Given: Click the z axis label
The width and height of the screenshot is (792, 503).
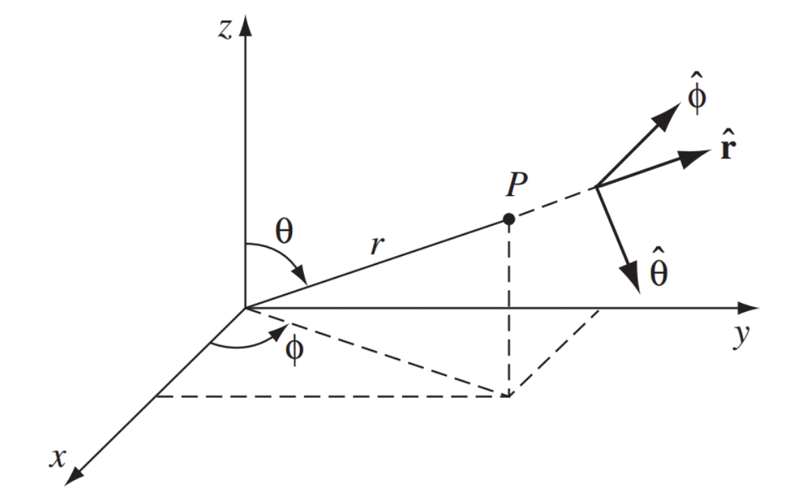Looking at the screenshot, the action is point(225,29).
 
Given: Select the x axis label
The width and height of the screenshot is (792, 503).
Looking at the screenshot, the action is point(58,458).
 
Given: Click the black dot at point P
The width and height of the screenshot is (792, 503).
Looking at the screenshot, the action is point(509,219).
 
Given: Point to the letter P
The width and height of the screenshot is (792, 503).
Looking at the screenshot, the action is point(516,184).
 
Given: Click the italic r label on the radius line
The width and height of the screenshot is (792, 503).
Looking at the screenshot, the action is point(376,246).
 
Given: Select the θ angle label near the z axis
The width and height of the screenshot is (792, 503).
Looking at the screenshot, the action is point(284,232).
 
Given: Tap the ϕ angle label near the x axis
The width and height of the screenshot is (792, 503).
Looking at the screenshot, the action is point(294,350).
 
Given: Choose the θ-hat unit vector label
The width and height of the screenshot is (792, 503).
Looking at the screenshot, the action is point(659,268).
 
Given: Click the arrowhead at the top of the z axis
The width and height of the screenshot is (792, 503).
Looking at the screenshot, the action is point(245,25).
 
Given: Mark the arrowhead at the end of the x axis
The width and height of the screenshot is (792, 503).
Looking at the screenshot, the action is point(75,476).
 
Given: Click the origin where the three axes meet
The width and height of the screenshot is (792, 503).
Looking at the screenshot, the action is point(245,308).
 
